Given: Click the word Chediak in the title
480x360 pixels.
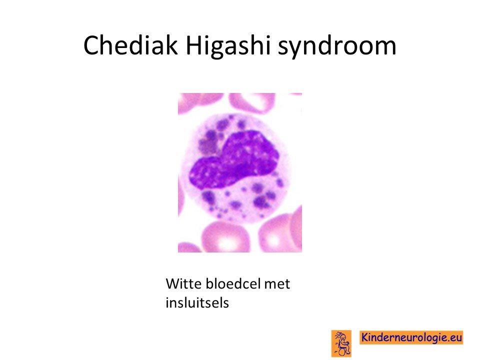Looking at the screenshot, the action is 130,45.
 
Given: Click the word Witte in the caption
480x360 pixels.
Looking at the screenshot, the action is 183,284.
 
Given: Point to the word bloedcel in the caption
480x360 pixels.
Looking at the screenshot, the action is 232,284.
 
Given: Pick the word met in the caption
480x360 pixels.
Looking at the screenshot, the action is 277,284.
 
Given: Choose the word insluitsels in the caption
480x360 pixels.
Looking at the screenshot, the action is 197,302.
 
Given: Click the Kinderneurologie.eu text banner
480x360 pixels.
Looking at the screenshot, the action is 411,337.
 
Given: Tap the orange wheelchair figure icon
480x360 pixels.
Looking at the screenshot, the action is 341,343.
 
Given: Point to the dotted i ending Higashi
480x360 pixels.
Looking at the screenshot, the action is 268,45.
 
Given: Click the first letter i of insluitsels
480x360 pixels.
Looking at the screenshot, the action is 167,302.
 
